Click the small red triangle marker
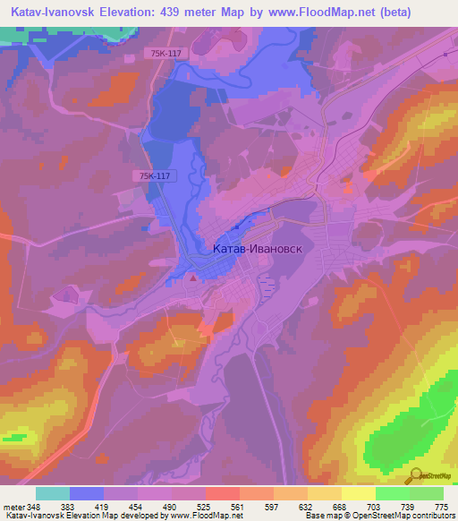pos(192,278)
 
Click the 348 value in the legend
pos(34,506)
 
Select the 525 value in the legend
pos(205,506)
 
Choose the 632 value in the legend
pos(308,506)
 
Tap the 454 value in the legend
pos(137,506)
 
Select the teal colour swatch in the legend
pos(53,493)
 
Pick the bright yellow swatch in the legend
pos(359,493)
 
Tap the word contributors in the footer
pos(435,517)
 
